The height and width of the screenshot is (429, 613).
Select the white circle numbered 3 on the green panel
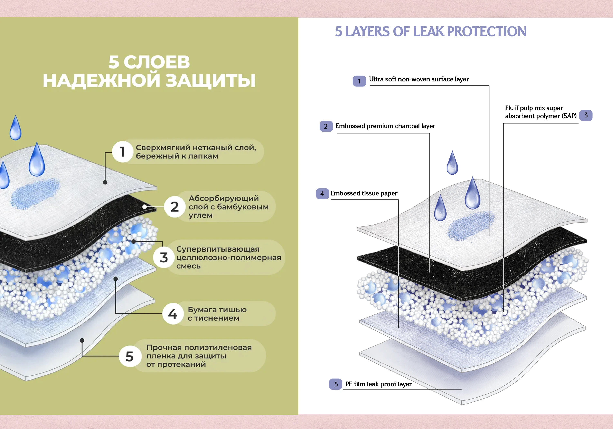164,257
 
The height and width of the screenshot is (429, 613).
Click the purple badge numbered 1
359,81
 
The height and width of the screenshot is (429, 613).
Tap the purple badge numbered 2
326,126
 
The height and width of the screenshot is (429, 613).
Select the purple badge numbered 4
322,193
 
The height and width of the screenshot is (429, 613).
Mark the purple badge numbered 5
336,384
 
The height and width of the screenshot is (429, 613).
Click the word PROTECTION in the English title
487,31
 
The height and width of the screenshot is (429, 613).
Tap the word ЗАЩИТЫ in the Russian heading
210,81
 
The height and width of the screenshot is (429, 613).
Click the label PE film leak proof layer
378,384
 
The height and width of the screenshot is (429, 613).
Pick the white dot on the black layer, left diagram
144,207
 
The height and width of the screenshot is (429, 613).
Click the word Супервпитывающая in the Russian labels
218,249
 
